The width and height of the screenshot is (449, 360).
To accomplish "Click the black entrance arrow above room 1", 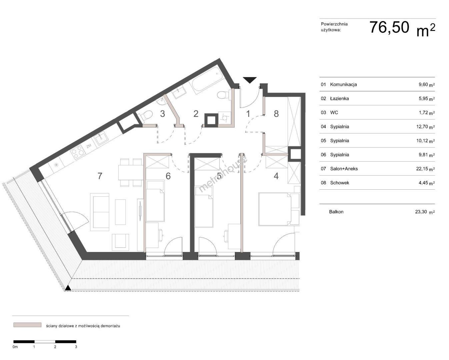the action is coord(250,80).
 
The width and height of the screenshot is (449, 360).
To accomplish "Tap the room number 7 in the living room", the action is coord(100,176).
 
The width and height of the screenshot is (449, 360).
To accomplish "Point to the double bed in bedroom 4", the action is coord(275,209).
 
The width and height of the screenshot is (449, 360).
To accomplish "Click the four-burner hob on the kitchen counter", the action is coord(78,152).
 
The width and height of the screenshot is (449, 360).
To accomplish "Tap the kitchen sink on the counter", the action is coord(101,138).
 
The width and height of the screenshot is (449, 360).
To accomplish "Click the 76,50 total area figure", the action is coord(389,27).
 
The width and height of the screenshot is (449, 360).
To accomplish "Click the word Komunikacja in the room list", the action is coord(343,85).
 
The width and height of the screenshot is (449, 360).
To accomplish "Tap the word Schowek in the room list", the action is coord(340,183).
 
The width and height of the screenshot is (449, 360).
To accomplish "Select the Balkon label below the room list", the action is coord(336,212).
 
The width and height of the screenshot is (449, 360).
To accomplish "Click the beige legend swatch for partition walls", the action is coord(27,325).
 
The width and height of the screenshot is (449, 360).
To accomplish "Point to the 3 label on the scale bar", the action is coord(76,347).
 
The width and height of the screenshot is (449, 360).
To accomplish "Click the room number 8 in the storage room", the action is coord(276,114).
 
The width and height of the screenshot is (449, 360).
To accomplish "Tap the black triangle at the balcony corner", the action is coord(68,288).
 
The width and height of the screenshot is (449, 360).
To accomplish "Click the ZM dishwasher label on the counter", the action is coord(89,146).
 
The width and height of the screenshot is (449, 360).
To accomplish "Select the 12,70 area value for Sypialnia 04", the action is coord(422,126).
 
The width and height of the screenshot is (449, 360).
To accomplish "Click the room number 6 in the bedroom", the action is coord(168,176).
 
